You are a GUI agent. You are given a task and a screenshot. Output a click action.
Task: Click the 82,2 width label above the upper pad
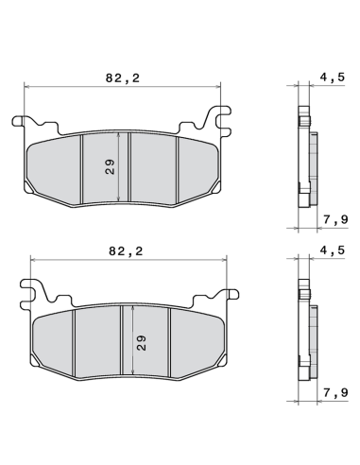click(x=121, y=78)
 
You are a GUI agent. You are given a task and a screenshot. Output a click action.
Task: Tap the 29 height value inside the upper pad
click(x=110, y=168)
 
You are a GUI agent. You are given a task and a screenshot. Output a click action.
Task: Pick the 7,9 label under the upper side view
click(x=331, y=220)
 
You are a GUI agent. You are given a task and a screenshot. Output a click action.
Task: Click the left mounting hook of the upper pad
click(x=25, y=123)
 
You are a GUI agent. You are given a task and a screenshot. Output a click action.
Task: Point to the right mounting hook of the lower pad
click(x=227, y=295)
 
